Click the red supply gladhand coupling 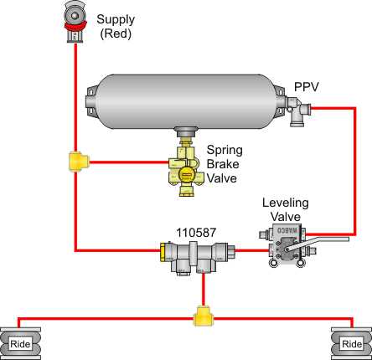tap(75, 23)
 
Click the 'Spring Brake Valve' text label tap(224, 164)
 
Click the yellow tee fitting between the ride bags tap(202, 317)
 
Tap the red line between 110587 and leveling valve tap(248, 249)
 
